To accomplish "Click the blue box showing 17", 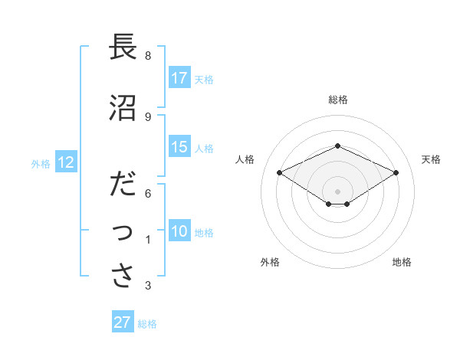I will click(x=179, y=77).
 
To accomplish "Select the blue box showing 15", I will click(x=179, y=147).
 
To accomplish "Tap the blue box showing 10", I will click(x=179, y=231).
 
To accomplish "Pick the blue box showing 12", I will click(x=65, y=162).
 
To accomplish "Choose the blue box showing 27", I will click(x=123, y=322).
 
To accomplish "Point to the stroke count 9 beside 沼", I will click(x=148, y=117).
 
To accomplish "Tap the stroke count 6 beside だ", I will click(x=148, y=193).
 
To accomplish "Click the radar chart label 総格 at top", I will click(x=338, y=100).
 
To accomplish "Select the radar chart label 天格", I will click(x=431, y=159).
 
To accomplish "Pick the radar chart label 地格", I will click(x=402, y=262).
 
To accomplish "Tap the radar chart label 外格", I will click(x=270, y=262).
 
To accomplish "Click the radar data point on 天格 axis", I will click(x=396, y=172).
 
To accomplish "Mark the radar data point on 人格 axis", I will click(x=279, y=172).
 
